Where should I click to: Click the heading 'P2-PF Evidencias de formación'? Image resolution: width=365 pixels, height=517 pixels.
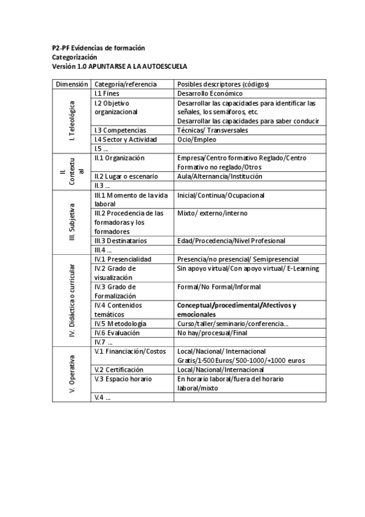point(98,48)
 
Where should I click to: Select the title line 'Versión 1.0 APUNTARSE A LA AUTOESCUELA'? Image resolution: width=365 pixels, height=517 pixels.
point(119,66)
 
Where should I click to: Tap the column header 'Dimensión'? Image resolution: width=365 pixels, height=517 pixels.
point(72,84)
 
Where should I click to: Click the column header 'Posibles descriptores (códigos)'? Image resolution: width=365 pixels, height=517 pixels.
point(223,84)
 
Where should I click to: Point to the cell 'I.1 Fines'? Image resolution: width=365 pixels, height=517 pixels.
point(107,94)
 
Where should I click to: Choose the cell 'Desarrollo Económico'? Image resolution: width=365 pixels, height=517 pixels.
point(210,94)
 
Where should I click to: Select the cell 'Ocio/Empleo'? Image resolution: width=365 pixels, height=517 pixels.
point(196,140)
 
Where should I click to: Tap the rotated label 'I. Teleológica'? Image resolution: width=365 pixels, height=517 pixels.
point(73,121)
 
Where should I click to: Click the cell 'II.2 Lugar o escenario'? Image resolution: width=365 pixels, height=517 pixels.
point(126,176)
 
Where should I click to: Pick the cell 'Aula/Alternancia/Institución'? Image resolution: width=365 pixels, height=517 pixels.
point(219,176)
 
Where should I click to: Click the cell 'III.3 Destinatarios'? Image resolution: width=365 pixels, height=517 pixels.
point(121,241)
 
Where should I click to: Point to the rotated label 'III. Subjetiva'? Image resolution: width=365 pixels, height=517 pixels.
point(73,222)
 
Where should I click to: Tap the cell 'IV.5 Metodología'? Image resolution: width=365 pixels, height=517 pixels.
point(120,324)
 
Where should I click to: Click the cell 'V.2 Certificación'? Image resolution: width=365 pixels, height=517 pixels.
point(119,369)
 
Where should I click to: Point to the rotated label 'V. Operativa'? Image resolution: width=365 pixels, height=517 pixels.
point(73,374)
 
